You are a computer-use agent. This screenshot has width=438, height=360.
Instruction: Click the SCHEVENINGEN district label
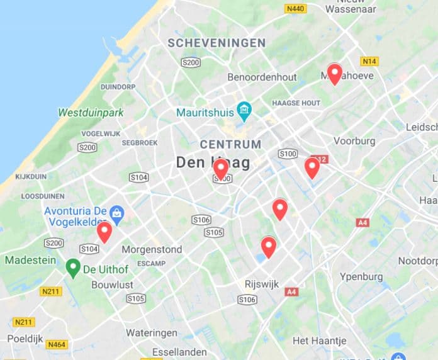pos(216,43)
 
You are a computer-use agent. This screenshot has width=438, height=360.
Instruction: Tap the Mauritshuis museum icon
pos(244,112)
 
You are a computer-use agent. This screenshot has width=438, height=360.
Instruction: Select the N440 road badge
pos(295,9)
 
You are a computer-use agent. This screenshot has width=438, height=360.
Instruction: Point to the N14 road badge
pos(369,61)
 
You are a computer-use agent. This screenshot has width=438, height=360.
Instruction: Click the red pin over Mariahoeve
pos(334,74)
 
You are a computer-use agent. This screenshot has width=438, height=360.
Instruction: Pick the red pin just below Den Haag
pos(221,169)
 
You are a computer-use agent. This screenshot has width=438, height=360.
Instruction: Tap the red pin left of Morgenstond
pos(104,232)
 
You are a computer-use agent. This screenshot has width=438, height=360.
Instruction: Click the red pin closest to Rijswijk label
pos(269,246)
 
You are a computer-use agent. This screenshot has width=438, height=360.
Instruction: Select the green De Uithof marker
pos(73,268)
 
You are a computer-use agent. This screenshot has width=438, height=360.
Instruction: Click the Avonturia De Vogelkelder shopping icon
pos(116,213)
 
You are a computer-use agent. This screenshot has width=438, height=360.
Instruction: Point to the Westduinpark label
pos(91,113)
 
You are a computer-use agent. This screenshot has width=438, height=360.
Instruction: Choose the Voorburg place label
pos(354,141)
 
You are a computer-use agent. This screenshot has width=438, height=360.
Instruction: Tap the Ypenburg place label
pos(361,277)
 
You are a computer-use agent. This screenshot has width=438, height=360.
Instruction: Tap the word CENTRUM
pos(230,145)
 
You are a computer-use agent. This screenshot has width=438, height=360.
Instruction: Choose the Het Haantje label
pos(320,340)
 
